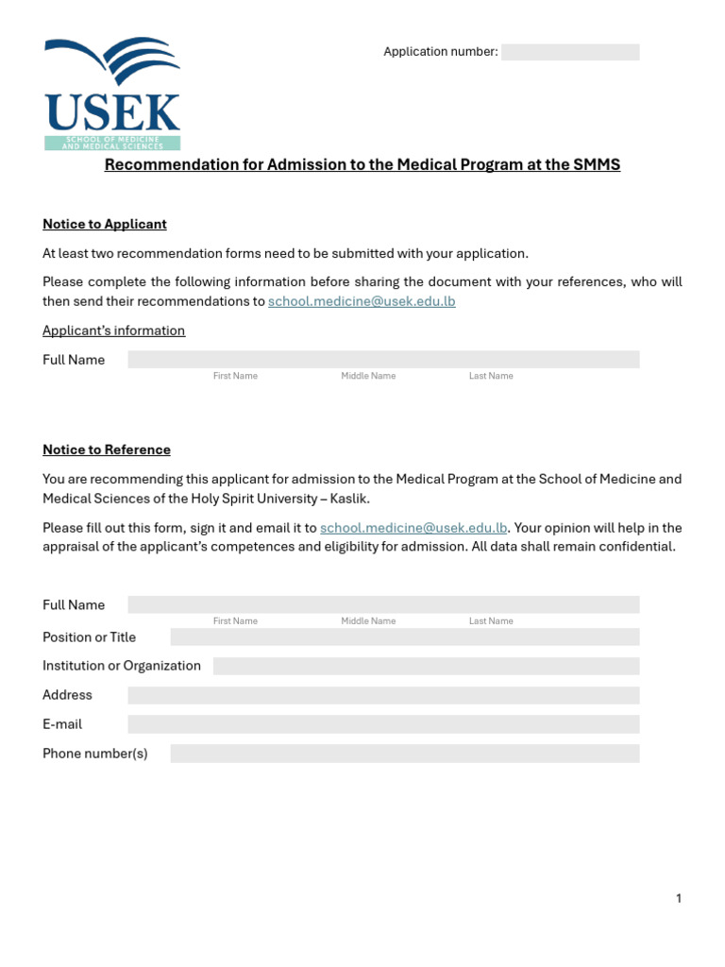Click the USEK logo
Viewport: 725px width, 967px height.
click(x=111, y=93)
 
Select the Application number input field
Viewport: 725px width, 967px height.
click(x=569, y=52)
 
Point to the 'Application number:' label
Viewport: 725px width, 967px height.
click(x=440, y=52)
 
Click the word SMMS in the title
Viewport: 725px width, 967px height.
click(x=596, y=165)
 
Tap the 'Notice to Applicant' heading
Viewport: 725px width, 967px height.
click(x=105, y=225)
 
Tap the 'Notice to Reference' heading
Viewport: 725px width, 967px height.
click(x=107, y=450)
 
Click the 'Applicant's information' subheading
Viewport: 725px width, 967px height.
click(x=113, y=331)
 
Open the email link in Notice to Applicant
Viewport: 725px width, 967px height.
click(x=362, y=301)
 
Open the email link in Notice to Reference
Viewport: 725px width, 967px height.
click(x=413, y=528)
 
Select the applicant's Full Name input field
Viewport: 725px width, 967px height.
click(x=383, y=360)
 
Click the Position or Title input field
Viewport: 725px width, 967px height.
click(x=404, y=637)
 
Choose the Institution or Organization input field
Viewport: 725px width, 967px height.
click(x=426, y=667)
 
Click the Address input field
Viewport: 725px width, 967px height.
click(x=383, y=696)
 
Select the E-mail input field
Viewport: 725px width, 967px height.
click(x=383, y=724)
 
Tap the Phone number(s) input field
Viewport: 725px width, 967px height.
click(x=404, y=754)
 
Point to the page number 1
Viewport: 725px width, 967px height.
click(x=678, y=899)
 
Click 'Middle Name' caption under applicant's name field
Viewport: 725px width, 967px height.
click(x=368, y=376)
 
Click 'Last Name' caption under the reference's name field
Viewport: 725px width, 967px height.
click(x=491, y=621)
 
